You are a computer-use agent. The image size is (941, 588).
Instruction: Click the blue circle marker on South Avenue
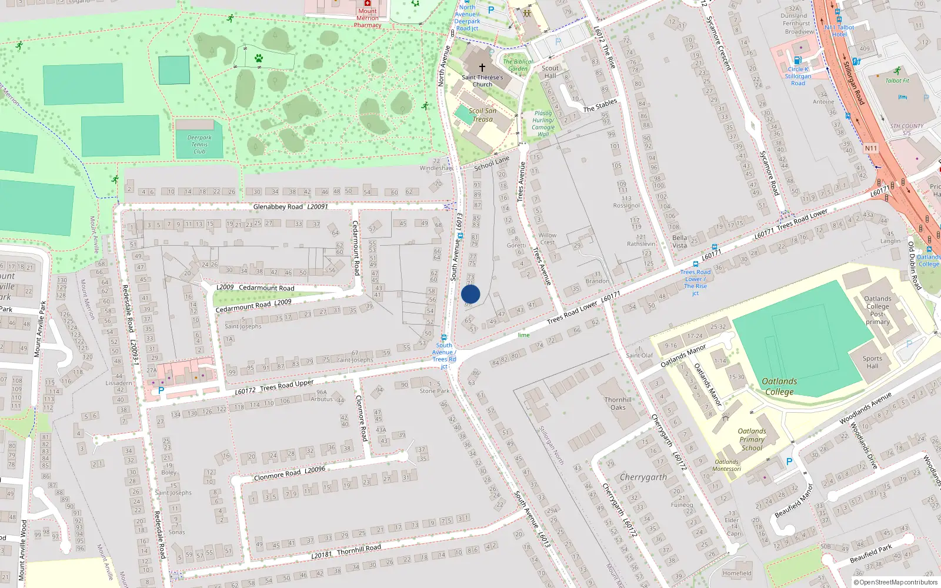(470, 294)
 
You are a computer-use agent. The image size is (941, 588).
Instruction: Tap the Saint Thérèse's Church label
(482, 81)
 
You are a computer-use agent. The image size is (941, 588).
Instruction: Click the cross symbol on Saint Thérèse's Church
(482, 68)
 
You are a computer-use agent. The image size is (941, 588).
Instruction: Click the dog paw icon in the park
(259, 58)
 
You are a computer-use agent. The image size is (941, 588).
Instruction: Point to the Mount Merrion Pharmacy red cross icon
(368, 3)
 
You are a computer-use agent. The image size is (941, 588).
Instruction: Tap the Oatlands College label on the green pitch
(779, 386)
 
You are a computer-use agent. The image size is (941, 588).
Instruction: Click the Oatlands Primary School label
(752, 439)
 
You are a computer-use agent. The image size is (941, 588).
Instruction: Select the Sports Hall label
(872, 362)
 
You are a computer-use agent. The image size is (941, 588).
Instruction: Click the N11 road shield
(870, 148)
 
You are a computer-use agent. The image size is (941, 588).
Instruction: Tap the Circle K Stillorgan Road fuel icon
(797, 60)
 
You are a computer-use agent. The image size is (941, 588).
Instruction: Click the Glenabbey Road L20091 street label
(291, 206)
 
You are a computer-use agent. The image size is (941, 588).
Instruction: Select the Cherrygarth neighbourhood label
(643, 477)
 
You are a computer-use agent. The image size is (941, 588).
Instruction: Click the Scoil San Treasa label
(482, 115)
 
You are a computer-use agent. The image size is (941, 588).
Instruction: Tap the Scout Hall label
(550, 72)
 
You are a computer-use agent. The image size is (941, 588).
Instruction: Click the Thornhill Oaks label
(618, 403)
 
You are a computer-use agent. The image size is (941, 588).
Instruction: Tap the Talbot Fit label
(897, 81)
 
